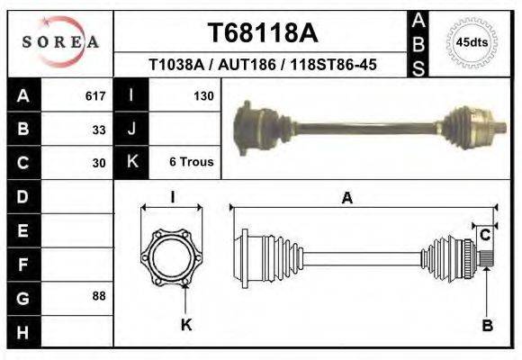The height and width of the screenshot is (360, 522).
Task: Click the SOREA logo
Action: point(60,42)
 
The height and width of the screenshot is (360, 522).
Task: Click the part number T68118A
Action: point(262,33)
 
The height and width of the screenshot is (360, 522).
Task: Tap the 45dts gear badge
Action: point(472,41)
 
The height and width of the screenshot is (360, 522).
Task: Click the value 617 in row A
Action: point(95,94)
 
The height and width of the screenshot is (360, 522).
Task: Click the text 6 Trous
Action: point(191,162)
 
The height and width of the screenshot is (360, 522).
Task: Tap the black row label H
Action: point(22,332)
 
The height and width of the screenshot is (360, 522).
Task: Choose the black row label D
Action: point(22,196)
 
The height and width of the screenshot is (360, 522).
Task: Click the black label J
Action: point(132,129)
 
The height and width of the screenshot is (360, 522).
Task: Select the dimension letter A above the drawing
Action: point(346,199)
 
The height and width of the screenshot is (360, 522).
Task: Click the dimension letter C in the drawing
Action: point(484,236)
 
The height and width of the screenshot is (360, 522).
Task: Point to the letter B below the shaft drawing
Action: point(487,326)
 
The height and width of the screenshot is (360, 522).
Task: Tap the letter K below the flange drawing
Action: point(186,325)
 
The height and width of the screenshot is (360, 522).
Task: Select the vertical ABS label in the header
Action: point(418,42)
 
